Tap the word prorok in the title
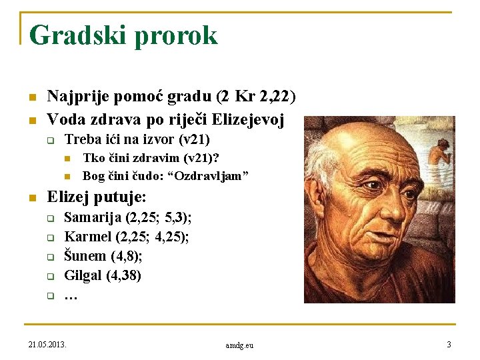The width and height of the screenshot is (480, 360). (176, 35)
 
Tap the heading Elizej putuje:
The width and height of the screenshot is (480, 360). (97, 197)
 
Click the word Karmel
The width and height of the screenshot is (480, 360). (87, 237)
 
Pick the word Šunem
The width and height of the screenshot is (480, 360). (84, 255)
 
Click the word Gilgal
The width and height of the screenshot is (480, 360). (83, 275)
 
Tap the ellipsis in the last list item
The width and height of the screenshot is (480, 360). (71, 295)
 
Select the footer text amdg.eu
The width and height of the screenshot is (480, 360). (239, 345)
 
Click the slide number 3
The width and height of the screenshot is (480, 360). (449, 344)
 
